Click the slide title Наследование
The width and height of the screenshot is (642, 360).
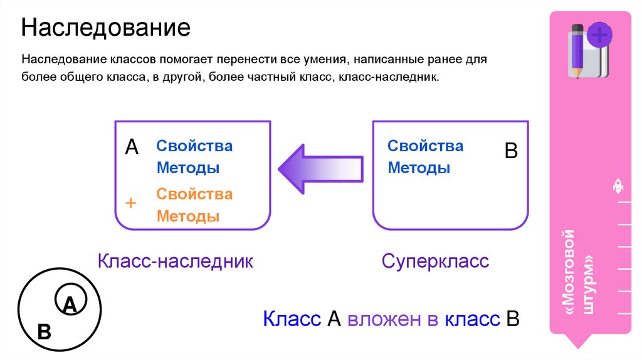[x=106, y=28]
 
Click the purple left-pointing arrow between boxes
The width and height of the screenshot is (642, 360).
[x=320, y=167]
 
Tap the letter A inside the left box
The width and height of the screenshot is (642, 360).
[x=132, y=147]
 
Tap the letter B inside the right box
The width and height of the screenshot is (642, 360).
[x=511, y=151]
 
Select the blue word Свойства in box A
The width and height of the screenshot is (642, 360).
[x=194, y=146]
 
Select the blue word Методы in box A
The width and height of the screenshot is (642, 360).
[x=187, y=168]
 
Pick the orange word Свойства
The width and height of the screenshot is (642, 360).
[x=194, y=194]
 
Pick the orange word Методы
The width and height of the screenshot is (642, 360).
[x=187, y=216]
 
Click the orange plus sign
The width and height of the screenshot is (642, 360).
[x=131, y=203]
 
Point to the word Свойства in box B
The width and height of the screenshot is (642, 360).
[x=425, y=146]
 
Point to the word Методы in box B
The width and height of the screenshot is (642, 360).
[x=419, y=168]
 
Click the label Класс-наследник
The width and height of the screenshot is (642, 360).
[x=175, y=261]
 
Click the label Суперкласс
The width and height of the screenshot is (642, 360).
[x=435, y=261]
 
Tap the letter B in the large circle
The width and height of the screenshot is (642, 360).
[x=44, y=332]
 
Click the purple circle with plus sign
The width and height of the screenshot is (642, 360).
[x=600, y=34]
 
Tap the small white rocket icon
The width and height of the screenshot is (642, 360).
[x=617, y=186]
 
